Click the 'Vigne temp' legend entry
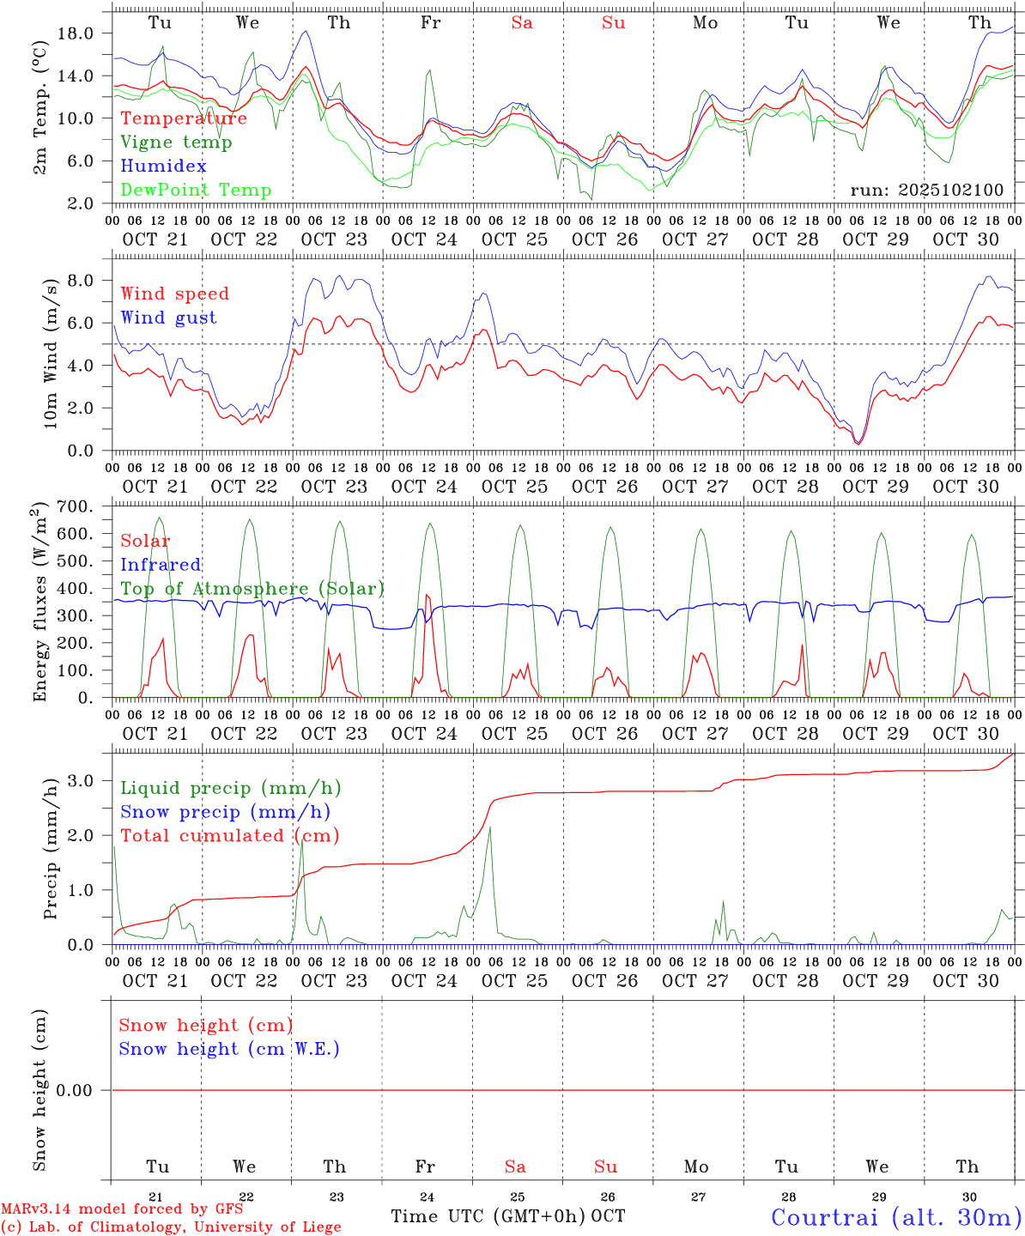click(176, 142)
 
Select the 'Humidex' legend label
click(163, 167)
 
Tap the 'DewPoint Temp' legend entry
click(196, 191)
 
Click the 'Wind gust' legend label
click(168, 318)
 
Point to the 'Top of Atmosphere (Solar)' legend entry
click(252, 589)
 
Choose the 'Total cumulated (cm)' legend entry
click(229, 836)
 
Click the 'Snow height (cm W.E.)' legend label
click(229, 1049)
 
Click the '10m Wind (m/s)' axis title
click(52, 354)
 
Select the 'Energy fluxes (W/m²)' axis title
click(39, 604)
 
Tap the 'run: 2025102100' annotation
click(926, 191)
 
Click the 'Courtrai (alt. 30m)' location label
click(896, 1217)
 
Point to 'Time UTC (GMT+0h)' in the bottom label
click(488, 1216)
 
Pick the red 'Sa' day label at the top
click(522, 23)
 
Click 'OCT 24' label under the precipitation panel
click(424, 981)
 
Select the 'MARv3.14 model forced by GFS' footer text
click(122, 1209)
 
